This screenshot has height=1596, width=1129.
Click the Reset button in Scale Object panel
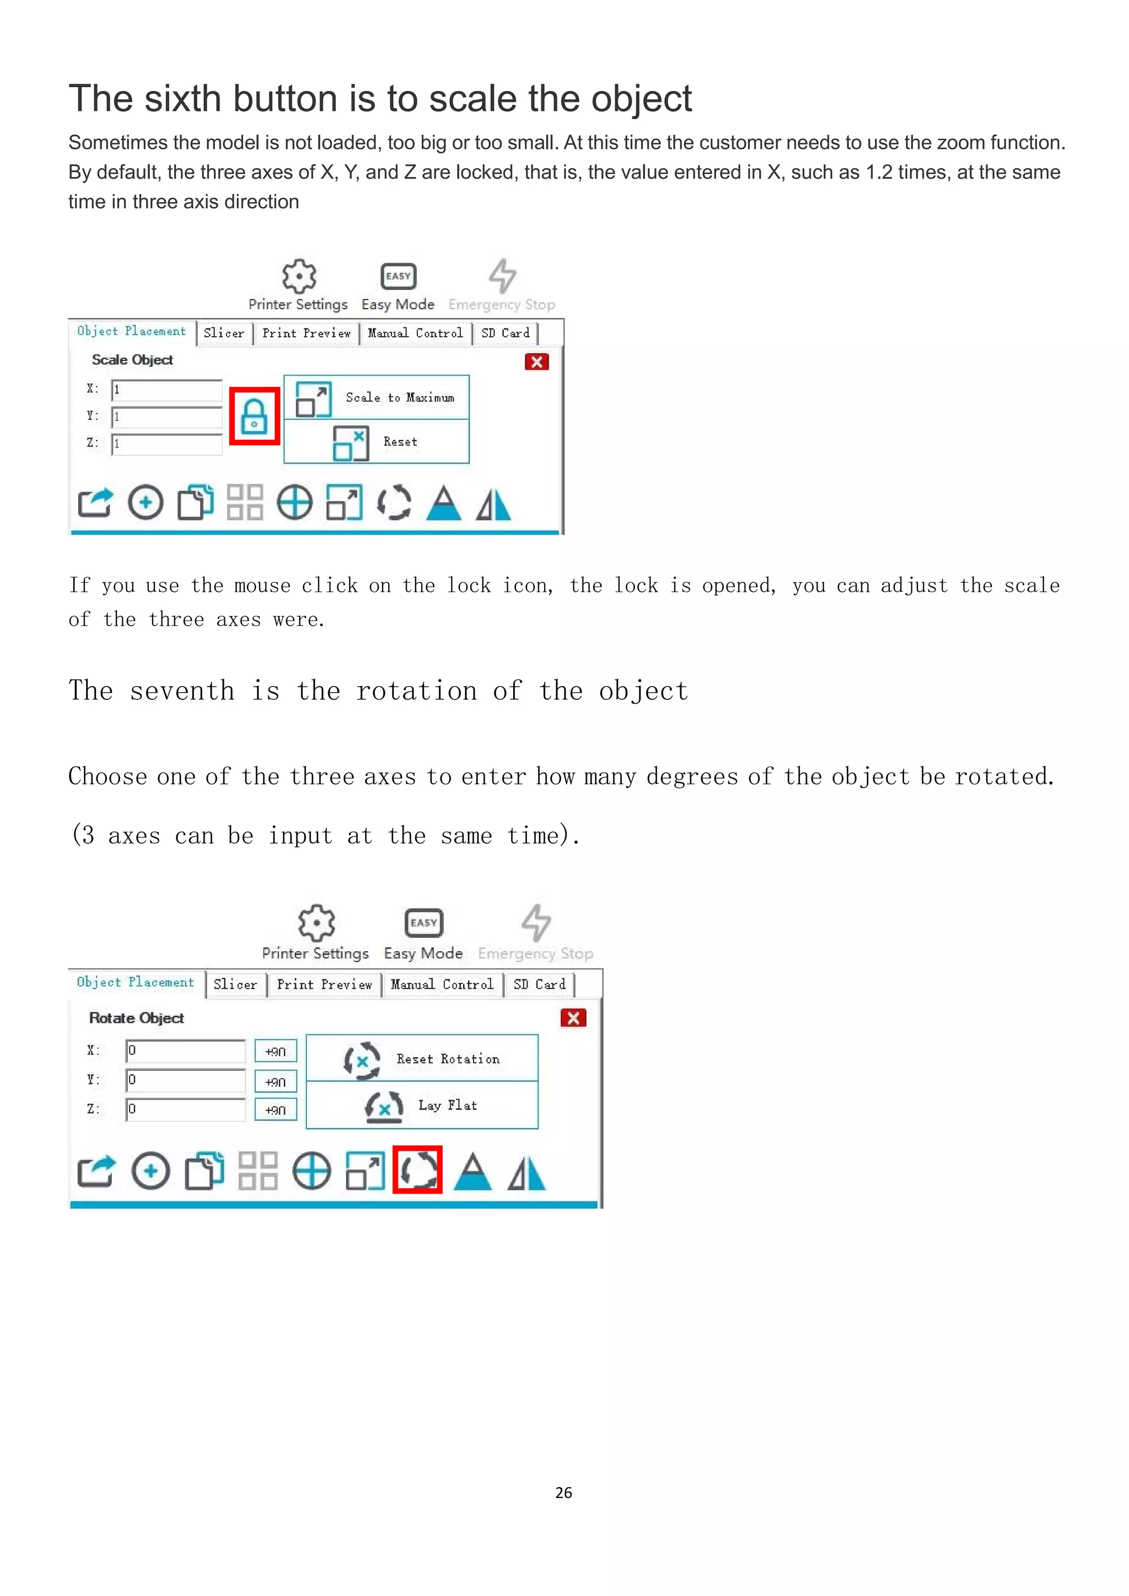pos(377,442)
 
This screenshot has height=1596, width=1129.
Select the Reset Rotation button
pos(422,1059)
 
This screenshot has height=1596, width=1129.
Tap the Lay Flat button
pos(422,1106)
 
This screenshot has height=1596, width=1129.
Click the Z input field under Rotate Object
pos(185,1109)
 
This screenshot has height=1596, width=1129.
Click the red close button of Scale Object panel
pos(537,362)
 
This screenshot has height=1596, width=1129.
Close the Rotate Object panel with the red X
pos(573,1018)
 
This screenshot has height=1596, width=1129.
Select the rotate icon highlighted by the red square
pos(418,1171)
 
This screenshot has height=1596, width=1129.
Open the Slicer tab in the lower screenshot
pos(236,984)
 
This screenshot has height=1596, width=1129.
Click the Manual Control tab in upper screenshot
pos(415,333)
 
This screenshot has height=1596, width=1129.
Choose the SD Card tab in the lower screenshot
pos(540,984)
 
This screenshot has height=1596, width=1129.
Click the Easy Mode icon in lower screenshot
pos(423,923)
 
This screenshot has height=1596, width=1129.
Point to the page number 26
pos(564,1492)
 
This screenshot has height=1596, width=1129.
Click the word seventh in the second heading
pos(182,691)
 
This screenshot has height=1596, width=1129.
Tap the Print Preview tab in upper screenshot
pos(306,333)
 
